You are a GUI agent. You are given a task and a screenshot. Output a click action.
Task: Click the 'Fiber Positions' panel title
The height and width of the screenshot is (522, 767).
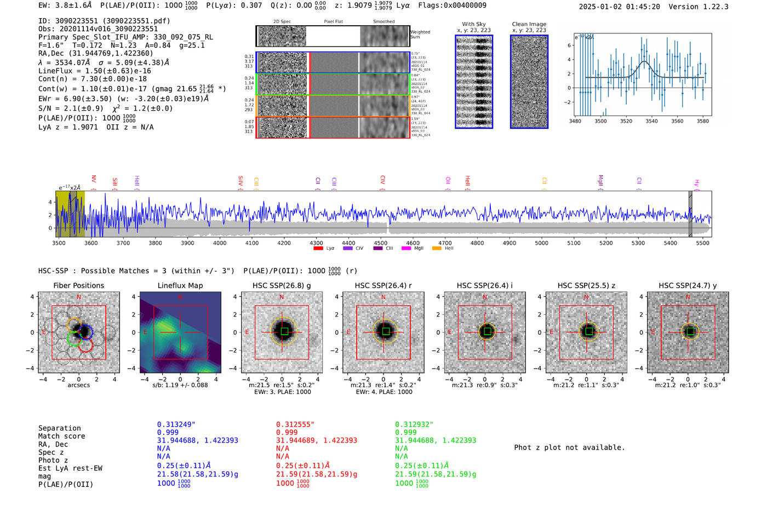(x=78, y=285)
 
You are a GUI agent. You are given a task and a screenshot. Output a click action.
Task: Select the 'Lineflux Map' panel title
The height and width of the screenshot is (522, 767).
(x=180, y=285)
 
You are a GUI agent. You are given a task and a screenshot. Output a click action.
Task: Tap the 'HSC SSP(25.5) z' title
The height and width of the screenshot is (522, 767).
(x=586, y=285)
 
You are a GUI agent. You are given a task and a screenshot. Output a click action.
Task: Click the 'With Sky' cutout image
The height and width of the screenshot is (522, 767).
(x=474, y=82)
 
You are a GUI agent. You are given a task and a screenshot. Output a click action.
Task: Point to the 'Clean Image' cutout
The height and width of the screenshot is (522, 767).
(x=529, y=82)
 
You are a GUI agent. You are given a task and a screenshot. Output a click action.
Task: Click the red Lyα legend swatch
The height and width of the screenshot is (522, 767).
(x=318, y=249)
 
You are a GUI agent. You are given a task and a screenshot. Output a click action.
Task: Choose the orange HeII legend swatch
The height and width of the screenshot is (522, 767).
(x=437, y=249)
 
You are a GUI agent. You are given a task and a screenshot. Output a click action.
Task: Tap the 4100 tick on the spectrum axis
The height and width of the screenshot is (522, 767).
(x=252, y=243)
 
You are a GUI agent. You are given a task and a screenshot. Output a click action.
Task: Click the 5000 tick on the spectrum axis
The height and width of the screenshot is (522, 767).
(x=541, y=243)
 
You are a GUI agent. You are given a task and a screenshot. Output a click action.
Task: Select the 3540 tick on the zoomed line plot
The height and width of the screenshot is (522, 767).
(x=651, y=121)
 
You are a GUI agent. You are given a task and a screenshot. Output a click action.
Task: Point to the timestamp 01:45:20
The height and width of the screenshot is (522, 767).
(x=642, y=7)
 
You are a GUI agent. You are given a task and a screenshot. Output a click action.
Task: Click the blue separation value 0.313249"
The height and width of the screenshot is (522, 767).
(x=176, y=425)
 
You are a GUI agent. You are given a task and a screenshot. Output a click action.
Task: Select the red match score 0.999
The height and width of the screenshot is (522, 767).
(x=287, y=432)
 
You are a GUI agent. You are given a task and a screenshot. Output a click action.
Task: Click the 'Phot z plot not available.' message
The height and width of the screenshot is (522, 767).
(x=569, y=448)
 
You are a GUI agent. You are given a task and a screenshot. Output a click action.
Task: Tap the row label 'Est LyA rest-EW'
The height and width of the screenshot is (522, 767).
(x=70, y=468)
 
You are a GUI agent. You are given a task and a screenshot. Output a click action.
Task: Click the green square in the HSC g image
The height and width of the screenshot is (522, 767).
(x=284, y=331)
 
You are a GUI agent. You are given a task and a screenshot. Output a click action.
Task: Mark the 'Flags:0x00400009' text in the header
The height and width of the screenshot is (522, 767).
(x=452, y=5)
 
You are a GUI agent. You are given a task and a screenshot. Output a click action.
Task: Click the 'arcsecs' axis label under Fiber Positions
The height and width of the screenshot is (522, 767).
(x=78, y=385)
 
